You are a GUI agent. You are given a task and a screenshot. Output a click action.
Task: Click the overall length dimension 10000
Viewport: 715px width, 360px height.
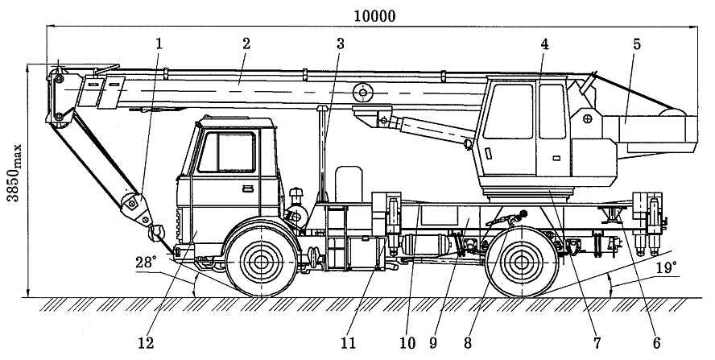pyautogui.click(x=374, y=16)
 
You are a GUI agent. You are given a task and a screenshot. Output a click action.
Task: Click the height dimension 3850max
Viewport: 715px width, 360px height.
pyautogui.click(x=14, y=173)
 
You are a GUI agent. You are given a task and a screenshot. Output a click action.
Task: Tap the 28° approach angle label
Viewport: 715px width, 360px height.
pyautogui.click(x=146, y=262)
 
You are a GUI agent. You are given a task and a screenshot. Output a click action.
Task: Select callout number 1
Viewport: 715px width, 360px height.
pyautogui.click(x=159, y=43)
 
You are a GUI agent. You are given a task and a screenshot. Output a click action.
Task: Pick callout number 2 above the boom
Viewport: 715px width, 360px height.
pyautogui.click(x=246, y=43)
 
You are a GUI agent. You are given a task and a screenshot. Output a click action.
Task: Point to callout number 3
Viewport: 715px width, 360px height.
pyautogui.click(x=340, y=43)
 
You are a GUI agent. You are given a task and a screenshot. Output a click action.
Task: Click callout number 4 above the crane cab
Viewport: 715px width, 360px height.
pyautogui.click(x=544, y=43)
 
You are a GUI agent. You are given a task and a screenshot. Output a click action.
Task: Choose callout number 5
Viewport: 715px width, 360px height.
pyautogui.click(x=637, y=43)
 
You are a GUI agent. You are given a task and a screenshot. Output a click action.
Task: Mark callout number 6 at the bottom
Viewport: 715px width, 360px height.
pyautogui.click(x=656, y=343)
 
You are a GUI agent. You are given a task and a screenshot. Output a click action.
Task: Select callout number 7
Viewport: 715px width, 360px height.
pyautogui.click(x=597, y=343)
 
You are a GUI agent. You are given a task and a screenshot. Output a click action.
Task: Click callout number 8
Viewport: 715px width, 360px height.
pyautogui.click(x=467, y=343)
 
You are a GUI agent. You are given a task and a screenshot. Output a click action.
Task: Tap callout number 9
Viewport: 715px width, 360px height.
pyautogui.click(x=432, y=343)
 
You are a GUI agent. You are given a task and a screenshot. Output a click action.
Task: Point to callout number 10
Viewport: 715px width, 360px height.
pyautogui.click(x=407, y=343)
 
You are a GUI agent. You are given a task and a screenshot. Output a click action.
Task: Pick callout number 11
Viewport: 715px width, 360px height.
pyautogui.click(x=348, y=343)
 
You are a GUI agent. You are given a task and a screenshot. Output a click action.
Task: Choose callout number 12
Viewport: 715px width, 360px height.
pyautogui.click(x=146, y=343)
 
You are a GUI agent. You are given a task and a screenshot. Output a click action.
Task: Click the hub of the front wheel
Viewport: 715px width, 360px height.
pyautogui.click(x=261, y=263)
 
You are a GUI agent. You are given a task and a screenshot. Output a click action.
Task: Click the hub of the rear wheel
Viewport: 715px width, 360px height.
pyautogui.click(x=521, y=263)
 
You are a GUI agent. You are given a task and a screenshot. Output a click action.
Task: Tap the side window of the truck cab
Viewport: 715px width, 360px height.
pyautogui.click(x=226, y=152)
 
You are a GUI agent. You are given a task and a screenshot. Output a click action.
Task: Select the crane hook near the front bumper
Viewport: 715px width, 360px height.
pyautogui.click(x=157, y=233)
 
